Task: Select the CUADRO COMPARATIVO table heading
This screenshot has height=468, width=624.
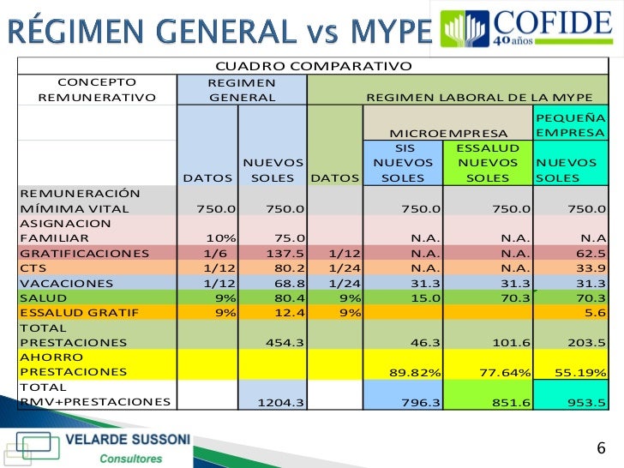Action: (x=313, y=66)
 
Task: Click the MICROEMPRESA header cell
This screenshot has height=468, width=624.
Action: (x=448, y=133)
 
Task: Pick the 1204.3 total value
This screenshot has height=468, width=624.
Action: (x=281, y=401)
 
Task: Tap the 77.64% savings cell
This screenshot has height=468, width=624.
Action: (x=502, y=372)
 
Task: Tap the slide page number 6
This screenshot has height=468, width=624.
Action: (x=600, y=448)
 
